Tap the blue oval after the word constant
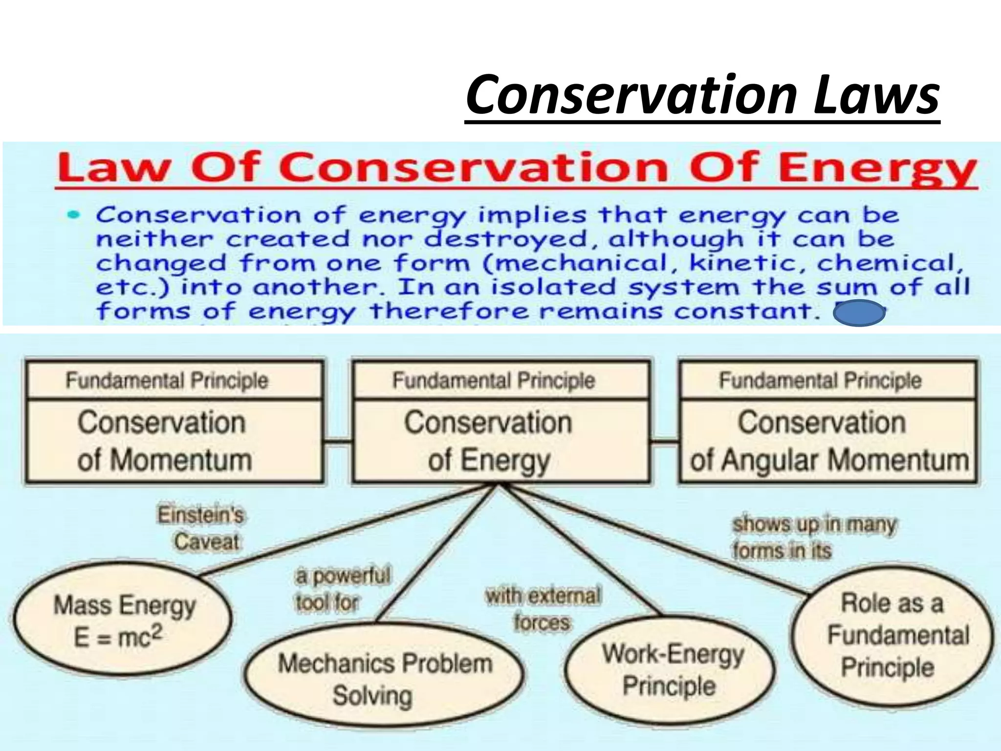tap(859, 313)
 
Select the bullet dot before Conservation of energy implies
tap(74, 215)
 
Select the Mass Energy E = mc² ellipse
tap(122, 620)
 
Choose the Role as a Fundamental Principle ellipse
tap(892, 636)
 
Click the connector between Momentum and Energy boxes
tap(338, 442)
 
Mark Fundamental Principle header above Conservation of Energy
tap(494, 380)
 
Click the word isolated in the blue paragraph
tap(553, 287)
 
